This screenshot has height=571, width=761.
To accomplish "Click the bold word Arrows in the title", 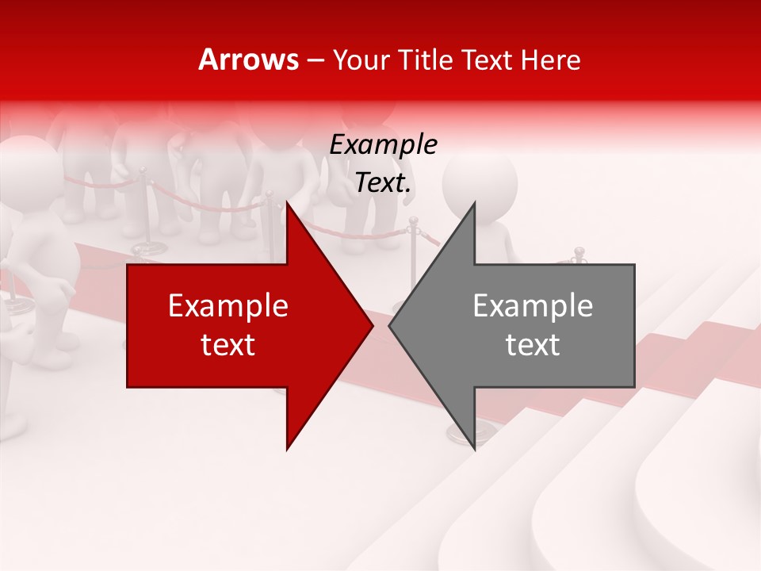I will [x=248, y=59].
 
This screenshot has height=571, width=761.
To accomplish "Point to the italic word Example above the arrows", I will [x=383, y=144].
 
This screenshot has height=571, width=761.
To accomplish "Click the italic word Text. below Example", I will [x=383, y=182].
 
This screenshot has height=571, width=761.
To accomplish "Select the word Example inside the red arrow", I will [x=228, y=305].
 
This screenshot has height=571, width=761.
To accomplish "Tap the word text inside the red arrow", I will [x=228, y=344].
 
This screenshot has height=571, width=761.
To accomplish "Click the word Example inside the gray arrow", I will [x=533, y=305].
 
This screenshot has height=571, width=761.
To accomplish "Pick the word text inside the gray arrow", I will [x=533, y=344].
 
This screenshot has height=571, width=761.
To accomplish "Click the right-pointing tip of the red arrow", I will [x=372, y=325].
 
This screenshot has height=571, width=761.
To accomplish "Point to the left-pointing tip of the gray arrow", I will [x=390, y=325].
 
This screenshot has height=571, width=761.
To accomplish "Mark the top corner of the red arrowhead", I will [x=288, y=204].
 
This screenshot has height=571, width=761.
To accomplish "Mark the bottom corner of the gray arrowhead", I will [x=474, y=448].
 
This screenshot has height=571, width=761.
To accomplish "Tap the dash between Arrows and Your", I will [x=315, y=60].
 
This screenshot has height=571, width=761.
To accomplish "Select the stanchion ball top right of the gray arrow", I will [x=579, y=252].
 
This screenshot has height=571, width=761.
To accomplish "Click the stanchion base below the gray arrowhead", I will [x=458, y=432].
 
